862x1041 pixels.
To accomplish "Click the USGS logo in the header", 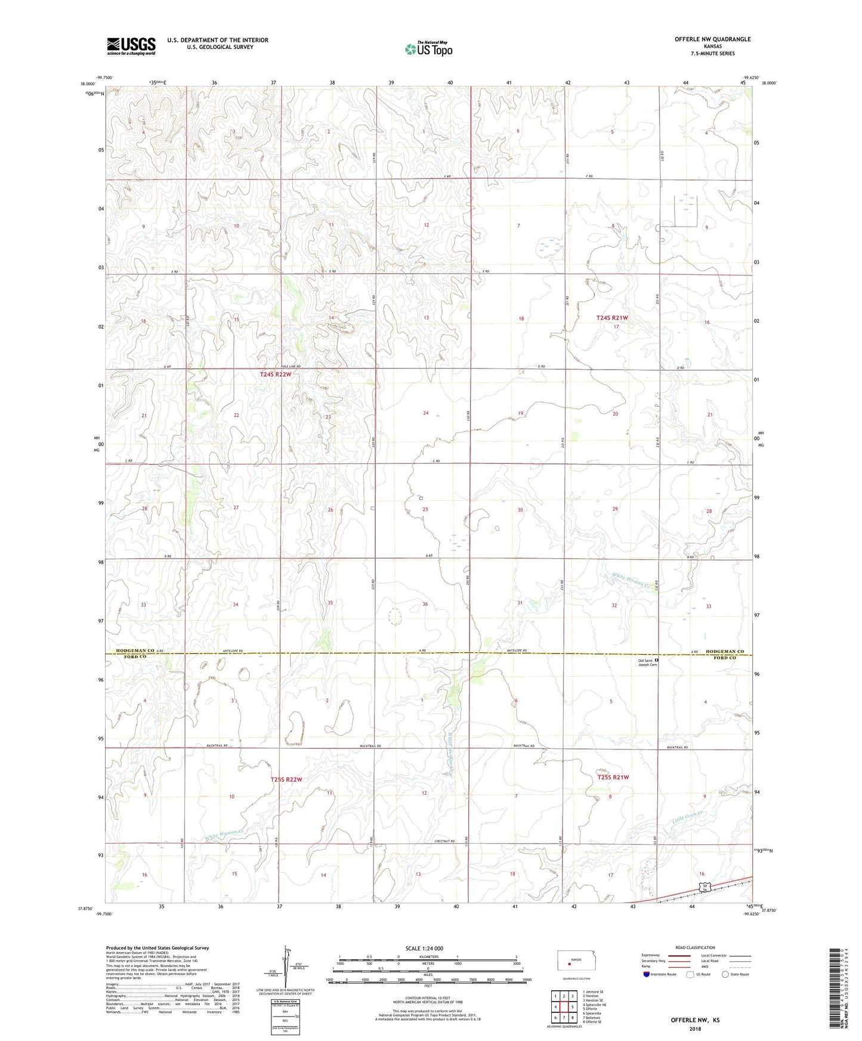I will (x=131, y=46).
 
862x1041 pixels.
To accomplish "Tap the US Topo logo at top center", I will (x=428, y=49).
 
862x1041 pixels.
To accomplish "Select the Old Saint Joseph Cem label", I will (x=647, y=662).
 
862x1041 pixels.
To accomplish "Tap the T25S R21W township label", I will (x=613, y=777).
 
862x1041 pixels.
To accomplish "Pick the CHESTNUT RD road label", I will (x=444, y=841).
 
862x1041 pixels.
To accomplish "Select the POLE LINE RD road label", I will (x=291, y=366).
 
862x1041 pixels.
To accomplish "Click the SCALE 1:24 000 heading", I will (x=427, y=948).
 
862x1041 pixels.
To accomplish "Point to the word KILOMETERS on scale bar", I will (x=427, y=957).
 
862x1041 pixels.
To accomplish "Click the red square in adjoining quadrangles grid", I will (x=563, y=1007).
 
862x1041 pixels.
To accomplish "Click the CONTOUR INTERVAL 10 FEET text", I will (x=427, y=1000).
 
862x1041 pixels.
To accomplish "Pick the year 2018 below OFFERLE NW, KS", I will (x=695, y=1028).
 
